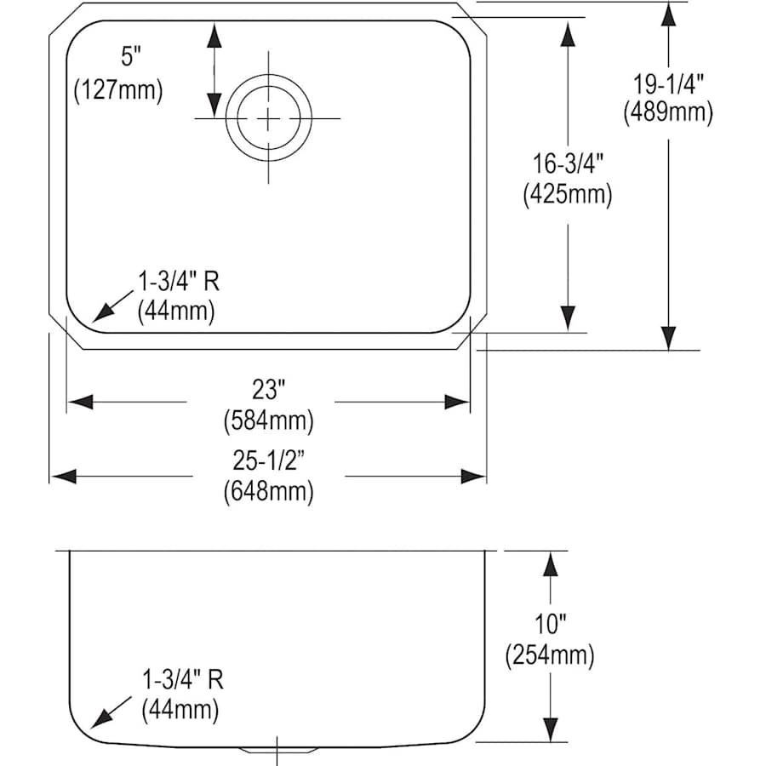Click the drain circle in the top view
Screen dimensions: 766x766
tap(268, 117)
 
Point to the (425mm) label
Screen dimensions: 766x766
tap(567, 194)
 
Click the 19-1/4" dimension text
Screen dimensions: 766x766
tap(668, 83)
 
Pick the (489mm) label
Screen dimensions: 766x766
tap(668, 111)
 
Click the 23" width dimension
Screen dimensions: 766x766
tap(267, 391)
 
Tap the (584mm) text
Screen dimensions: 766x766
tap(267, 420)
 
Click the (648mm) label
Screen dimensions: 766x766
tap(267, 491)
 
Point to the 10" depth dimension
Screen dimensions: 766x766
tap(550, 626)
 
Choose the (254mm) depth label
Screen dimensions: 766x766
tap(550, 655)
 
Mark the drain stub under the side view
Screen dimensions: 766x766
tap(277, 749)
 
